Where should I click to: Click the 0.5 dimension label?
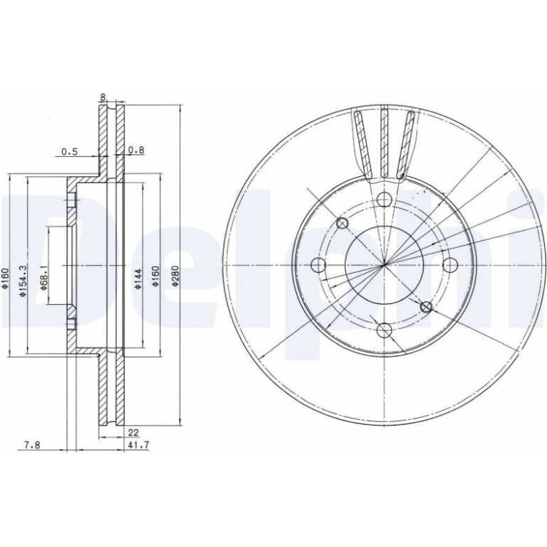(x=69, y=152)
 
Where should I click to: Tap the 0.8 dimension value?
(x=136, y=150)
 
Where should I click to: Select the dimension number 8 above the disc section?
(x=103, y=97)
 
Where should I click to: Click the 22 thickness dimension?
(x=134, y=433)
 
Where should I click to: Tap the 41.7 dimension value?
(x=139, y=445)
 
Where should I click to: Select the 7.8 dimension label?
(x=32, y=445)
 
